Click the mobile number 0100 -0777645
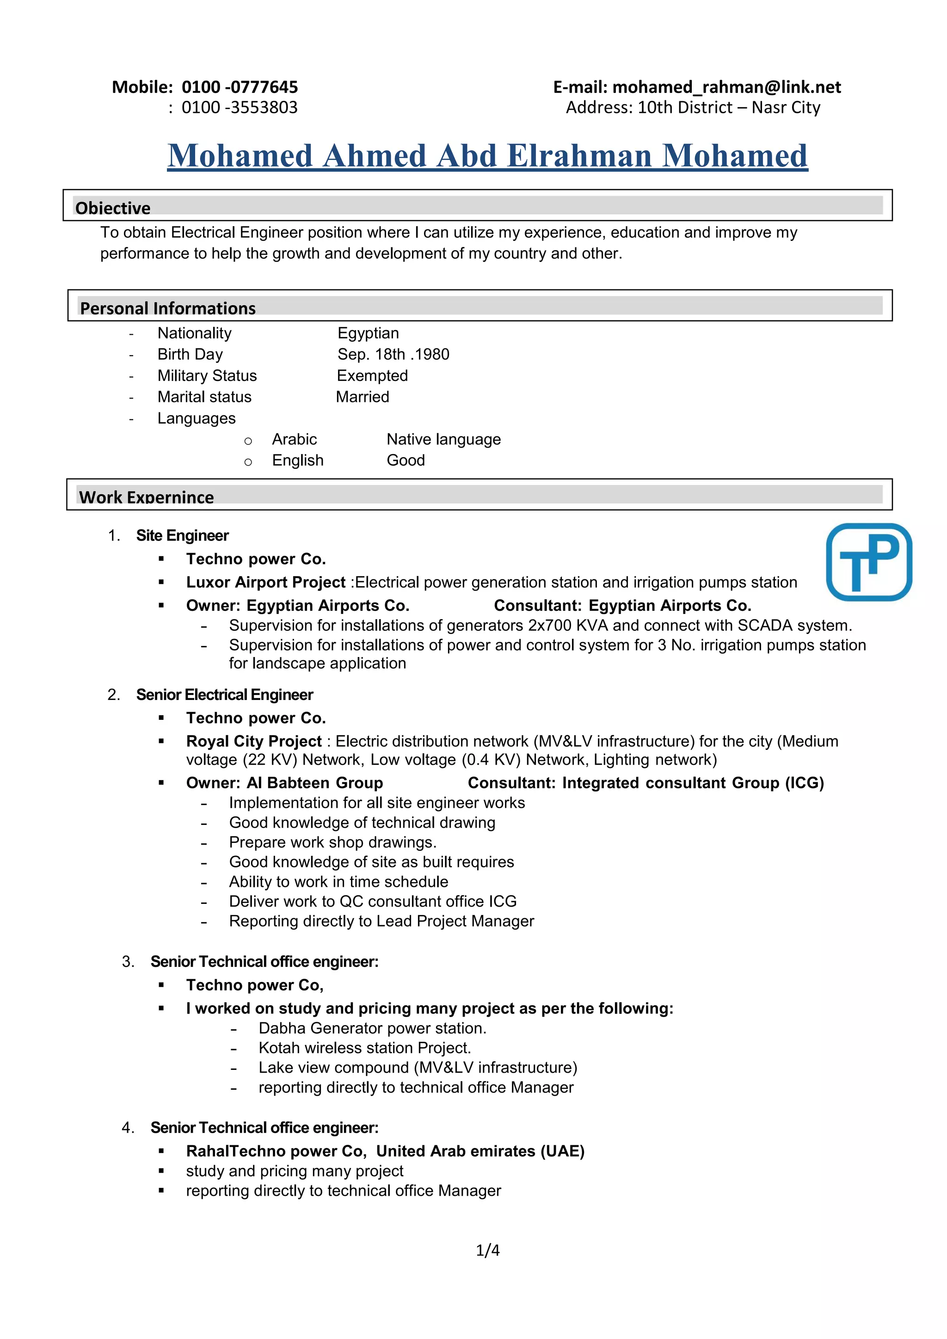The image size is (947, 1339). (x=240, y=87)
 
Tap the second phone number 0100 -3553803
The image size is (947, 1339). (x=240, y=108)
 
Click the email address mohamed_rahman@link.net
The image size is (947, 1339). (x=726, y=87)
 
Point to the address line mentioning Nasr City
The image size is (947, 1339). (x=693, y=108)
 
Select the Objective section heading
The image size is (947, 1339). (x=113, y=208)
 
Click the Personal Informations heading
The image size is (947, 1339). (x=168, y=308)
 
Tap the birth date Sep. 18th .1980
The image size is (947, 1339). (x=394, y=355)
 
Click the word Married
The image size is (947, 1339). (x=363, y=397)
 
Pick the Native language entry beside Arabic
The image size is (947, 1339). (x=444, y=439)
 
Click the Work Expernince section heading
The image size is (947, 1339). (x=147, y=497)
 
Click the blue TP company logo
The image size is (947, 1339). (x=869, y=562)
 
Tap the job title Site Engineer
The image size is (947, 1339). (x=183, y=535)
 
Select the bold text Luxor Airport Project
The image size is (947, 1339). (x=266, y=582)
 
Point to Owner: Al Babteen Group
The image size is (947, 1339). (x=284, y=783)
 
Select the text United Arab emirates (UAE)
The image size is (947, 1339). (x=480, y=1151)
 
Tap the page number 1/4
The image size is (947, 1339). (x=487, y=1250)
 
